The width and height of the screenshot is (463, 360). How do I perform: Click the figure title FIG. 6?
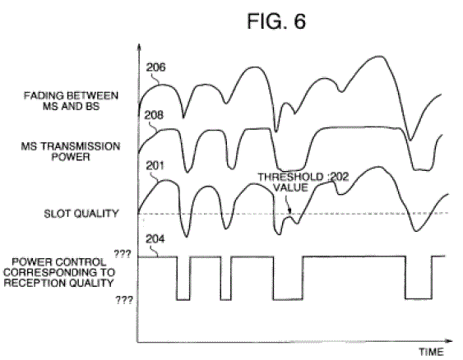pos(276,21)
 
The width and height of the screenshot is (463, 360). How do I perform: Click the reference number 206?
pos(156,67)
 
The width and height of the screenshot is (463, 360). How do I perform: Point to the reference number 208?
pos(154,115)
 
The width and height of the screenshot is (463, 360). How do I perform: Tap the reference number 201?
pos(155,165)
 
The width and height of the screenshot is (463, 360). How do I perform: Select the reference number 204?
pos(155,238)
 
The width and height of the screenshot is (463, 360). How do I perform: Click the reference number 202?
pos(340,177)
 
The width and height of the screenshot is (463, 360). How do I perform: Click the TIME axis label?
pos(432,352)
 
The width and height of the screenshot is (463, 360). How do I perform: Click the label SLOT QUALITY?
pos(81,214)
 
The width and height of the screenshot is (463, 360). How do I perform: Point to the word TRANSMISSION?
pos(81,146)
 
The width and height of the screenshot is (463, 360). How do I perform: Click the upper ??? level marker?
pos(123,254)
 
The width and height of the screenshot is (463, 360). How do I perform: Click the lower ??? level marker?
pos(124,300)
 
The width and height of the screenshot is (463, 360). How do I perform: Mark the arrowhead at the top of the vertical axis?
pos(139,46)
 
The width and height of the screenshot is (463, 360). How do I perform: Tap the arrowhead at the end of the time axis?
pos(449,341)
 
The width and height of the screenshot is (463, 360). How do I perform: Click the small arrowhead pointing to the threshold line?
pos(289,210)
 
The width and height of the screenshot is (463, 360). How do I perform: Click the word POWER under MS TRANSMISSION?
pos(71,157)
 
